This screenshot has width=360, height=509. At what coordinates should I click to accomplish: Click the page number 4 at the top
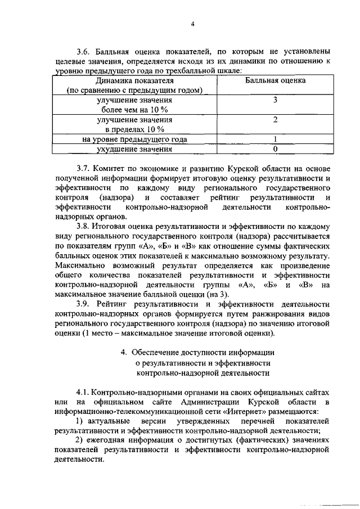tap(192, 24)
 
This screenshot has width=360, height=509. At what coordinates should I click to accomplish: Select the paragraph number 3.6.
tap(84, 52)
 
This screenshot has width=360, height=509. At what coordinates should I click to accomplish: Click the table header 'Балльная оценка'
tap(275, 81)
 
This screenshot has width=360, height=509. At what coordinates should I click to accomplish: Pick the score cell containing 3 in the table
tap(275, 100)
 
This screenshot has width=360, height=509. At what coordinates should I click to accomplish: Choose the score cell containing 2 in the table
tap(275, 120)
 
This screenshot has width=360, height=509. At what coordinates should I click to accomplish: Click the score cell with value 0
tap(275, 149)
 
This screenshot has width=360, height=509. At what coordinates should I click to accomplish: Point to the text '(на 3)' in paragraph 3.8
tap(218, 294)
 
